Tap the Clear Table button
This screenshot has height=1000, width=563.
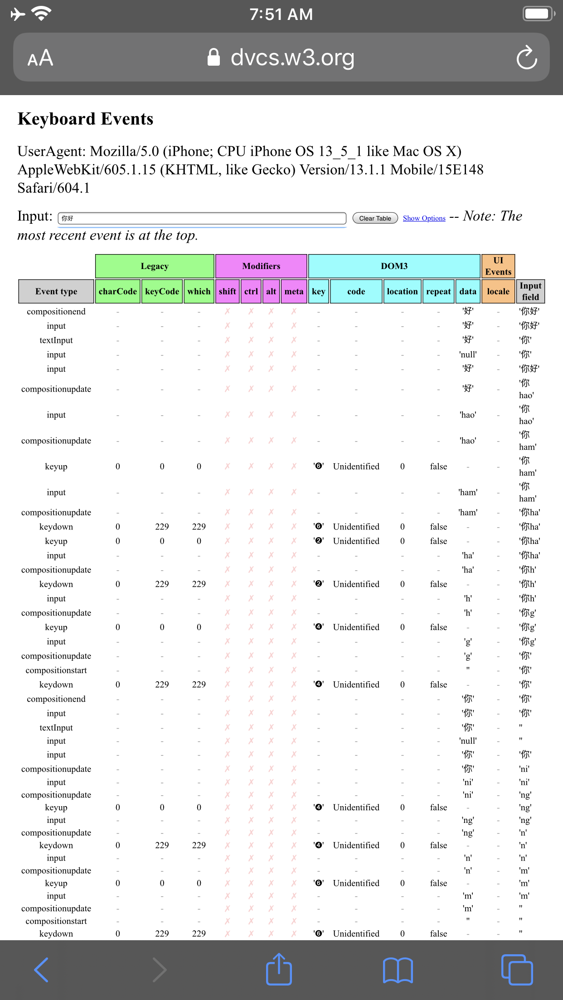click(375, 218)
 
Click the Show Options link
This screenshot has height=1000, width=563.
click(424, 218)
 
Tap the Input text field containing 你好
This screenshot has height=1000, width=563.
click(202, 218)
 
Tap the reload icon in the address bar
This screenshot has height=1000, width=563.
click(526, 58)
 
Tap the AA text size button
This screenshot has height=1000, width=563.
click(40, 58)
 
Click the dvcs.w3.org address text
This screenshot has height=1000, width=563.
click(292, 58)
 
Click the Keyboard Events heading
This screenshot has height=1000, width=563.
click(86, 119)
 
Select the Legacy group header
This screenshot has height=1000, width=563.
click(155, 266)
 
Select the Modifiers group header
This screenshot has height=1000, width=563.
click(261, 266)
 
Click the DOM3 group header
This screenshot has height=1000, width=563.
click(394, 266)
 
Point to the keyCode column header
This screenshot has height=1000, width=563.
click(162, 291)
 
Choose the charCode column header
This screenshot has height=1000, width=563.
click(117, 291)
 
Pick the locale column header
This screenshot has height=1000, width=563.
click(498, 291)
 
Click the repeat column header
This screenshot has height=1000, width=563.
click(438, 291)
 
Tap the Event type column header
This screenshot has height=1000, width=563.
click(56, 291)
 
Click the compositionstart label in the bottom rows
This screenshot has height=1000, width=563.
click(56, 921)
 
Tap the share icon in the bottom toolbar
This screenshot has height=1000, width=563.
click(279, 969)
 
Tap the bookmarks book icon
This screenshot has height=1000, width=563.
click(398, 970)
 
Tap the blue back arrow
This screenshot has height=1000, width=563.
click(41, 970)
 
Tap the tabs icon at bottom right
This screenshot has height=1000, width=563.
click(517, 970)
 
